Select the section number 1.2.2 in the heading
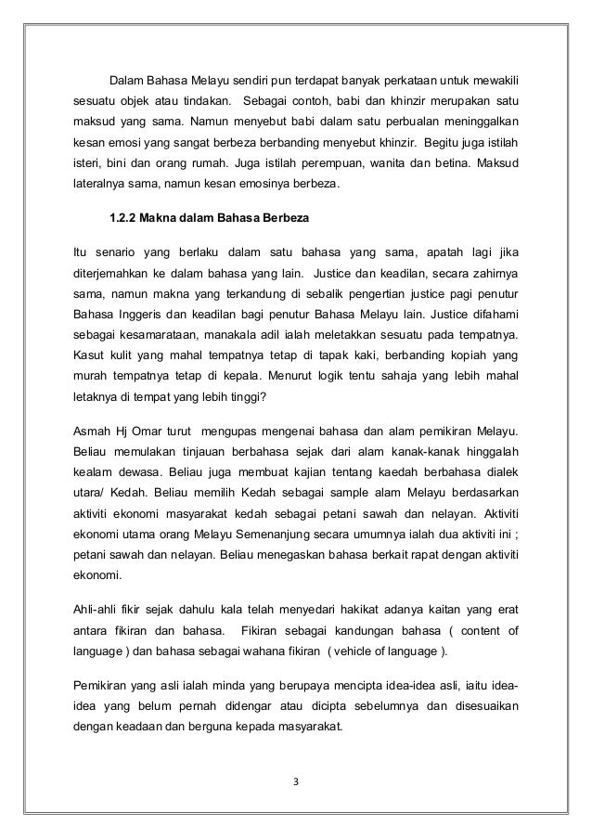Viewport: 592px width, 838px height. click(123, 222)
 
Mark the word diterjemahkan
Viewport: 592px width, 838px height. click(114, 275)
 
